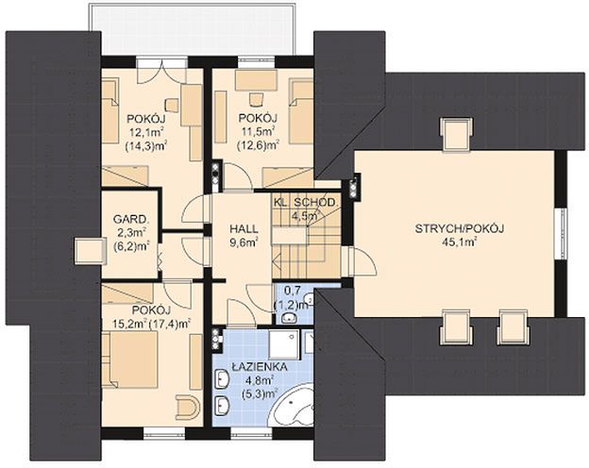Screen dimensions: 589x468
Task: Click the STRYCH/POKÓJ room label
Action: pyautogui.click(x=459, y=228)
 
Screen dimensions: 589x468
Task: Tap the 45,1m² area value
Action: pyautogui.click(x=460, y=242)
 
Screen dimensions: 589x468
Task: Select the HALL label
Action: pyautogui.click(x=244, y=228)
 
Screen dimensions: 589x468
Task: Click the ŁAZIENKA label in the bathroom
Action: pyautogui.click(x=260, y=367)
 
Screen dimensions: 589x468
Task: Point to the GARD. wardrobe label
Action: pyautogui.click(x=129, y=219)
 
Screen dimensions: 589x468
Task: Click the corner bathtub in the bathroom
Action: pyautogui.click(x=294, y=406)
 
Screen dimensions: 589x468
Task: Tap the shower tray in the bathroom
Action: pyautogui.click(x=285, y=343)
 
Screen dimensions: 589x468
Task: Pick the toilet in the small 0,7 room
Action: pyautogui.click(x=289, y=318)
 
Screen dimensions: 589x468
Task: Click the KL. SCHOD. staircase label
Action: pyautogui.click(x=304, y=202)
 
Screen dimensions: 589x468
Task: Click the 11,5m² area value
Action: pyautogui.click(x=258, y=131)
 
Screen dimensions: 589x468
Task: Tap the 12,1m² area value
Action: pyautogui.click(x=146, y=133)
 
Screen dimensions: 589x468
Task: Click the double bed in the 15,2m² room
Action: pyautogui.click(x=129, y=359)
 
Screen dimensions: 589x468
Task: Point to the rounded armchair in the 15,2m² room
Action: pyautogui.click(x=187, y=408)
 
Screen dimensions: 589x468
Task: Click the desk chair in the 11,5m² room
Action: pyautogui.click(x=256, y=98)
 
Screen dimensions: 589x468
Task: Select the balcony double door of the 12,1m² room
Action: pyautogui.click(x=161, y=70)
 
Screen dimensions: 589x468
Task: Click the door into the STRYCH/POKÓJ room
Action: pyautogui.click(x=361, y=261)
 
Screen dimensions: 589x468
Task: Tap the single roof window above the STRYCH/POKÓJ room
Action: pyautogui.click(x=457, y=134)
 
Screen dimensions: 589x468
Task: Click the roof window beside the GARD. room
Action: pyautogui.click(x=90, y=251)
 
